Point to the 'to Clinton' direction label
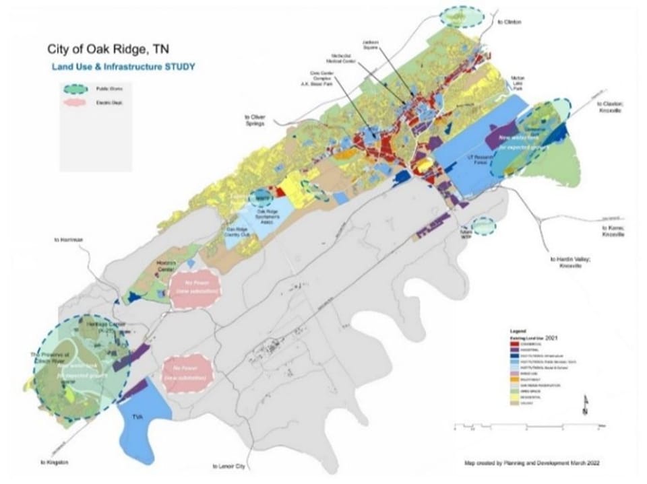pyautogui.click(x=510, y=22)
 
